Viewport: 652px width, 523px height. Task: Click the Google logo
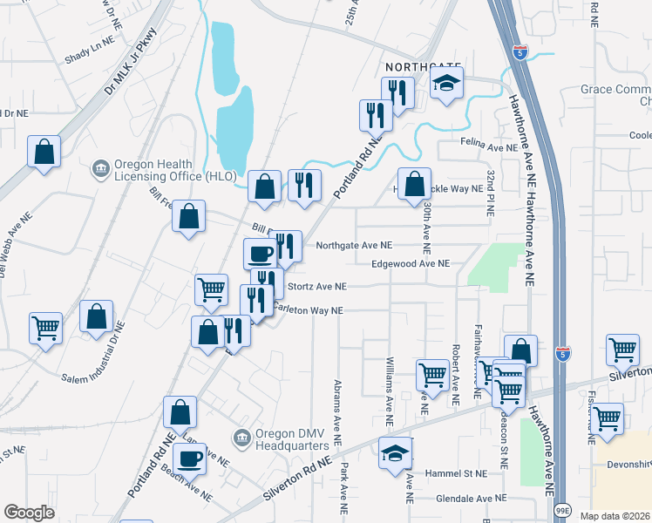coord(30,513)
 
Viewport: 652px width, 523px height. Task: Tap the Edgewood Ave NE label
coord(410,263)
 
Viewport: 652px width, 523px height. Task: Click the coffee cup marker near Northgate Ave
coord(260,254)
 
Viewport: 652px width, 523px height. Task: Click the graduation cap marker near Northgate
coord(447,84)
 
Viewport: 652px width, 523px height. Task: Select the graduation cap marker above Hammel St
coord(395,453)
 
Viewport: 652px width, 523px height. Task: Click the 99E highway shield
coord(564,511)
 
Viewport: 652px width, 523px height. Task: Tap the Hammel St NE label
coord(454,473)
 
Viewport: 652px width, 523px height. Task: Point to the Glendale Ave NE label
coord(472,499)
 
